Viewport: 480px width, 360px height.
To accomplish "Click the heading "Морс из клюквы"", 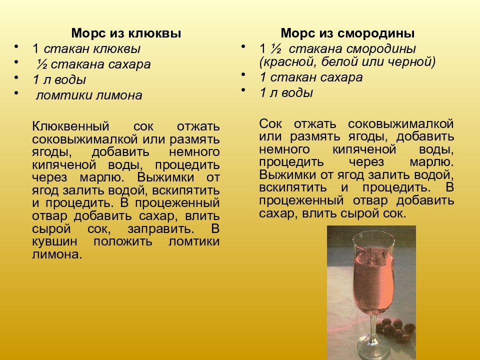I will pyautogui.click(x=126, y=33).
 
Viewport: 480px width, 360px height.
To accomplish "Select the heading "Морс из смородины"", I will pyautogui.click(x=347, y=33).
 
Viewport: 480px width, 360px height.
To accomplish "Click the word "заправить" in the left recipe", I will pyautogui.click(x=168, y=229).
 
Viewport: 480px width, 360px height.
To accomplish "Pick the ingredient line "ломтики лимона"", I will pyautogui.click(x=88, y=95).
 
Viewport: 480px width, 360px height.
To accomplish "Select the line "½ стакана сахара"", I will pyautogui.click(x=92, y=64).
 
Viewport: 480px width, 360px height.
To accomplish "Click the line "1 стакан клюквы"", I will pyautogui.click(x=86, y=49).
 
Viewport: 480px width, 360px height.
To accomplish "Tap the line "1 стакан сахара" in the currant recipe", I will pyautogui.click(x=311, y=77).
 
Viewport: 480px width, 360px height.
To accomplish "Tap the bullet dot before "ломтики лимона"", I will pyautogui.click(x=16, y=92).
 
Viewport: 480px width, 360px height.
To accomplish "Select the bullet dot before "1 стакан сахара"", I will pyautogui.click(x=243, y=74).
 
